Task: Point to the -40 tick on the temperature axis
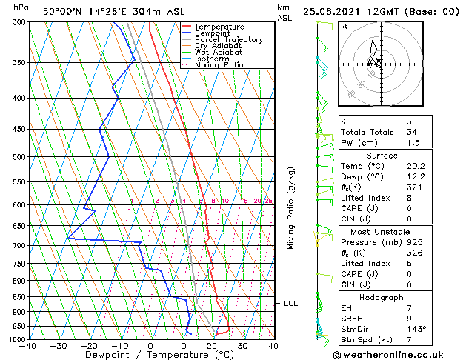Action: (28, 345)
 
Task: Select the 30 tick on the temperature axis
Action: (242, 345)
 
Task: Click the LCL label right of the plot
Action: (291, 304)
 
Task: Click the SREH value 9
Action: (410, 319)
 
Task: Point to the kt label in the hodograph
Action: (344, 27)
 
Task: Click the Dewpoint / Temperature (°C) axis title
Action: (150, 355)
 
